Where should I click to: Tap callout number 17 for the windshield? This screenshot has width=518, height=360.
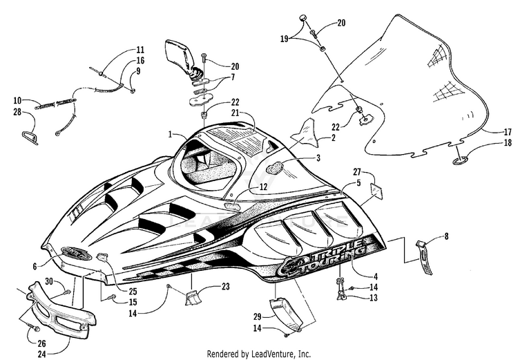point(508,132)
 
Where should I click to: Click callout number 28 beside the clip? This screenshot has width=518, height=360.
point(17,112)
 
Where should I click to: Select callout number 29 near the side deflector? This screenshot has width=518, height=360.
point(258,316)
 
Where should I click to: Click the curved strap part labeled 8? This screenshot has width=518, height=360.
point(424,257)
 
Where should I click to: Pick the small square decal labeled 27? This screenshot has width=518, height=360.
point(376,191)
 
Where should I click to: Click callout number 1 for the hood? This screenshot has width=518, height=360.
point(170,134)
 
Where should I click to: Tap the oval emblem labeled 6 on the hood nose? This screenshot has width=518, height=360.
point(76,253)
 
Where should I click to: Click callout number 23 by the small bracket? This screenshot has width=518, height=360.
point(226,286)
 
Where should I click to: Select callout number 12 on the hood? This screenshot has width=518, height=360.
point(263,187)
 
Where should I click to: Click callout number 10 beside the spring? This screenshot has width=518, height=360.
point(17,100)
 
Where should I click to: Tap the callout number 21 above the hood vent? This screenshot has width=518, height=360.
point(236,113)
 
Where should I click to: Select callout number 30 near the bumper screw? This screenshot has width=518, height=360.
point(49,281)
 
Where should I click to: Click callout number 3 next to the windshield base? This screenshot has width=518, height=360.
point(318,158)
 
